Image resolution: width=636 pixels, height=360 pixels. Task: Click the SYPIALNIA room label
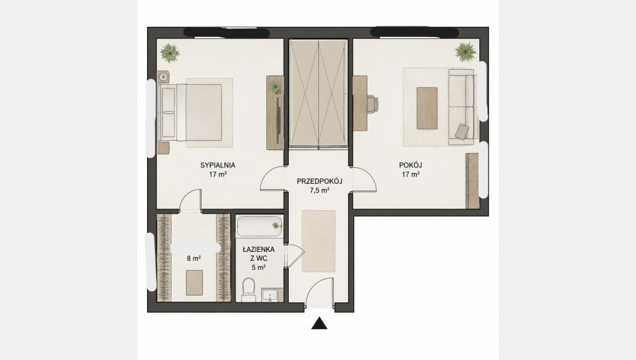point(217,165)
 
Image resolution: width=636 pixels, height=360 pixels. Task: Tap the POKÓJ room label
point(410,165)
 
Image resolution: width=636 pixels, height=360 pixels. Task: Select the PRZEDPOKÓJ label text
point(319,181)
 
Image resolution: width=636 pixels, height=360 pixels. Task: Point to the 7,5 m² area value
point(319,190)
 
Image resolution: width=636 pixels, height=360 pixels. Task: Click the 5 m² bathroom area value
point(258,267)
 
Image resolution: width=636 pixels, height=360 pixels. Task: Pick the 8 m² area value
point(194,258)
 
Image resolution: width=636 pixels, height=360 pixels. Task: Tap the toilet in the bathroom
point(247,289)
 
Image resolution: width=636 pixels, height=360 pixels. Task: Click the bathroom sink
point(270,295)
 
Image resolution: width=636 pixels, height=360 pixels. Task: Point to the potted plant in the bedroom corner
point(169,52)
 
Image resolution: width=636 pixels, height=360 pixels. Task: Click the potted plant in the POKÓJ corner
point(465,52)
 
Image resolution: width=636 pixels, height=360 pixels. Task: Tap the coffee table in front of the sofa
point(427,108)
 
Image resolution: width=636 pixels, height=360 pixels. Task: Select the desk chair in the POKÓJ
point(373,103)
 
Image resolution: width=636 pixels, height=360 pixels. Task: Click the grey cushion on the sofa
point(461,131)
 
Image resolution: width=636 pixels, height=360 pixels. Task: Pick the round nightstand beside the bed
point(163,76)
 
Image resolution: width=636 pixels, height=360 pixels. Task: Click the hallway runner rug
point(319,241)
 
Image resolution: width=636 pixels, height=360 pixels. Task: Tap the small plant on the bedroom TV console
point(276,87)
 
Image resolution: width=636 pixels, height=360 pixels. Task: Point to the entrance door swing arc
point(320,286)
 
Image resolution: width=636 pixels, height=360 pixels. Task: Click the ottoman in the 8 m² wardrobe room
point(194,283)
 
